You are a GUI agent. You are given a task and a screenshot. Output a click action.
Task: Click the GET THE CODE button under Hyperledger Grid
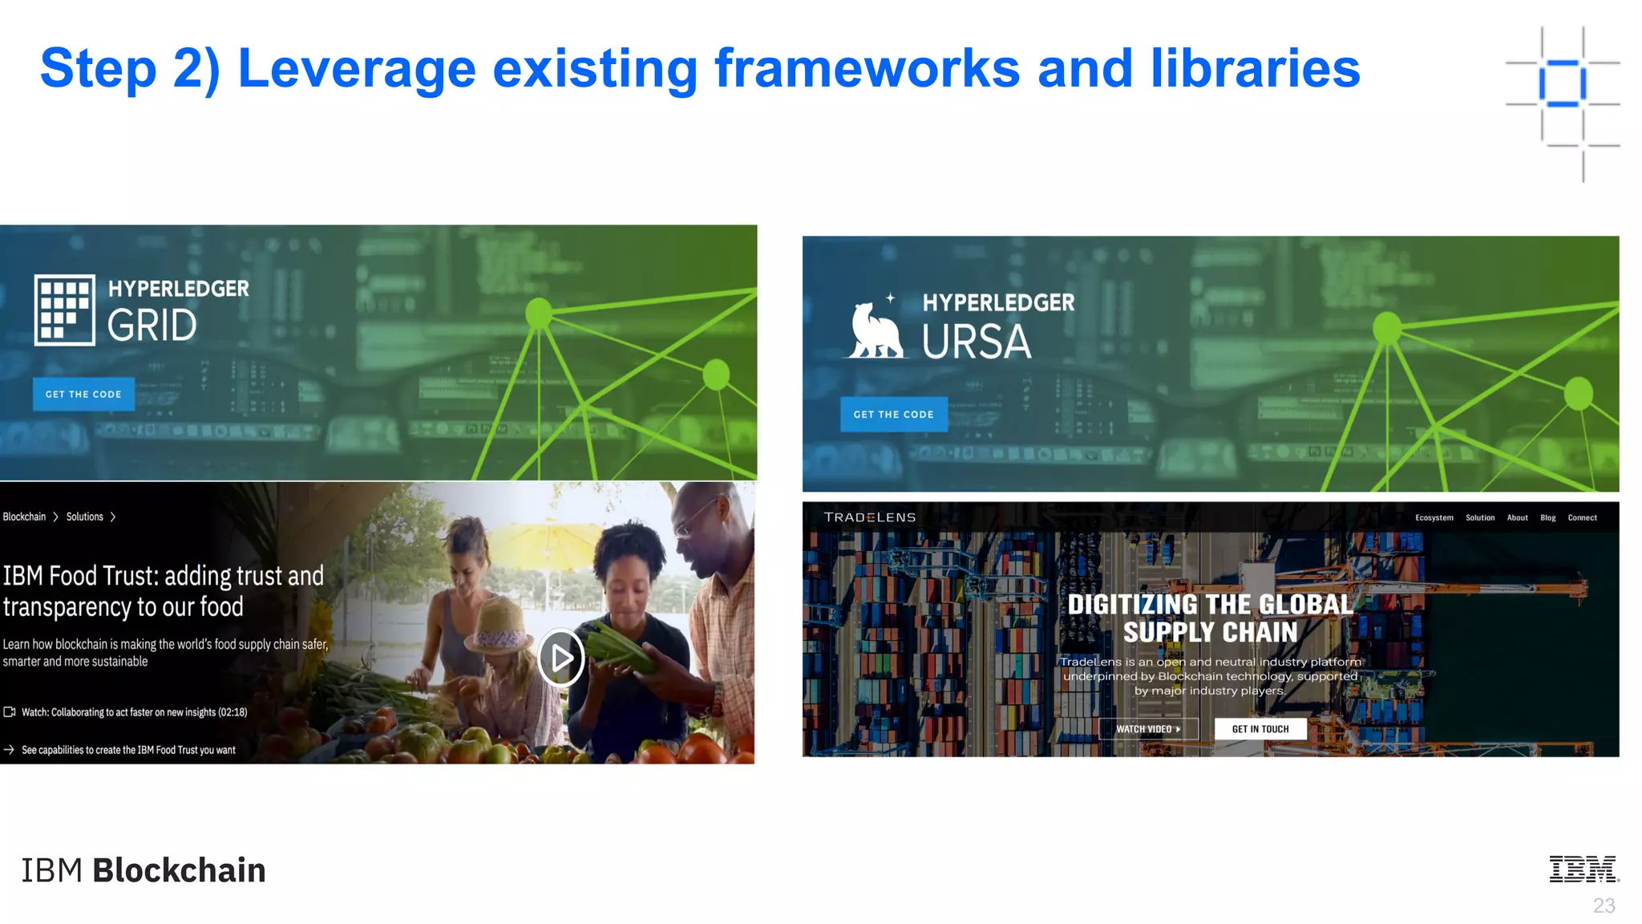(x=83, y=394)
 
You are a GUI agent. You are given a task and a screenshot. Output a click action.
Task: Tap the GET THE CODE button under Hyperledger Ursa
(x=893, y=414)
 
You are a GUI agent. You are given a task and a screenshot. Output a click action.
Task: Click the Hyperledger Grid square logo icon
(x=64, y=310)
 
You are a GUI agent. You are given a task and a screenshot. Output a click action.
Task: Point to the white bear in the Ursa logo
(x=875, y=330)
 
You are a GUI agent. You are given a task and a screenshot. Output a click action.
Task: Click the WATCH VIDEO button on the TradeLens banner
(x=1148, y=729)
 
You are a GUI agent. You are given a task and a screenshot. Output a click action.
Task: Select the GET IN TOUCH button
(x=1260, y=729)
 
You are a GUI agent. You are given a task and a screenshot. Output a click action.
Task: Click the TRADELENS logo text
(x=869, y=517)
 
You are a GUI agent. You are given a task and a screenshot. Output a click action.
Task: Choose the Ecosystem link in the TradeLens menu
(x=1434, y=518)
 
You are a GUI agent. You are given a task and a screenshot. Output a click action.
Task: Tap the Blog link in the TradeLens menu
(x=1547, y=518)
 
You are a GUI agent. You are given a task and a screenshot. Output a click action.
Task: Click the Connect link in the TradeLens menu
(x=1582, y=518)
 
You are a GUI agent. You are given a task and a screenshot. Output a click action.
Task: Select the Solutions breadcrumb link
(x=85, y=517)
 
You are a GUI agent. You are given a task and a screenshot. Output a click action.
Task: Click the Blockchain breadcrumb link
(x=24, y=517)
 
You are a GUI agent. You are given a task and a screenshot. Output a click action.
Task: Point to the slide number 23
(x=1604, y=906)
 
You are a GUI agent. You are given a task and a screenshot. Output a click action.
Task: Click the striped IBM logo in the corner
(x=1583, y=869)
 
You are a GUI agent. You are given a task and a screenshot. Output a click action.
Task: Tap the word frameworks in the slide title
(x=867, y=68)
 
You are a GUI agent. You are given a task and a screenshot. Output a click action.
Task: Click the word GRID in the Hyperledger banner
(x=152, y=326)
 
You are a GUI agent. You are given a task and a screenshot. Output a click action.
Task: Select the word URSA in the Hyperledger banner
(x=976, y=342)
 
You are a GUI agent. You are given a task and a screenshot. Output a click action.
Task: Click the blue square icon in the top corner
(x=1562, y=83)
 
